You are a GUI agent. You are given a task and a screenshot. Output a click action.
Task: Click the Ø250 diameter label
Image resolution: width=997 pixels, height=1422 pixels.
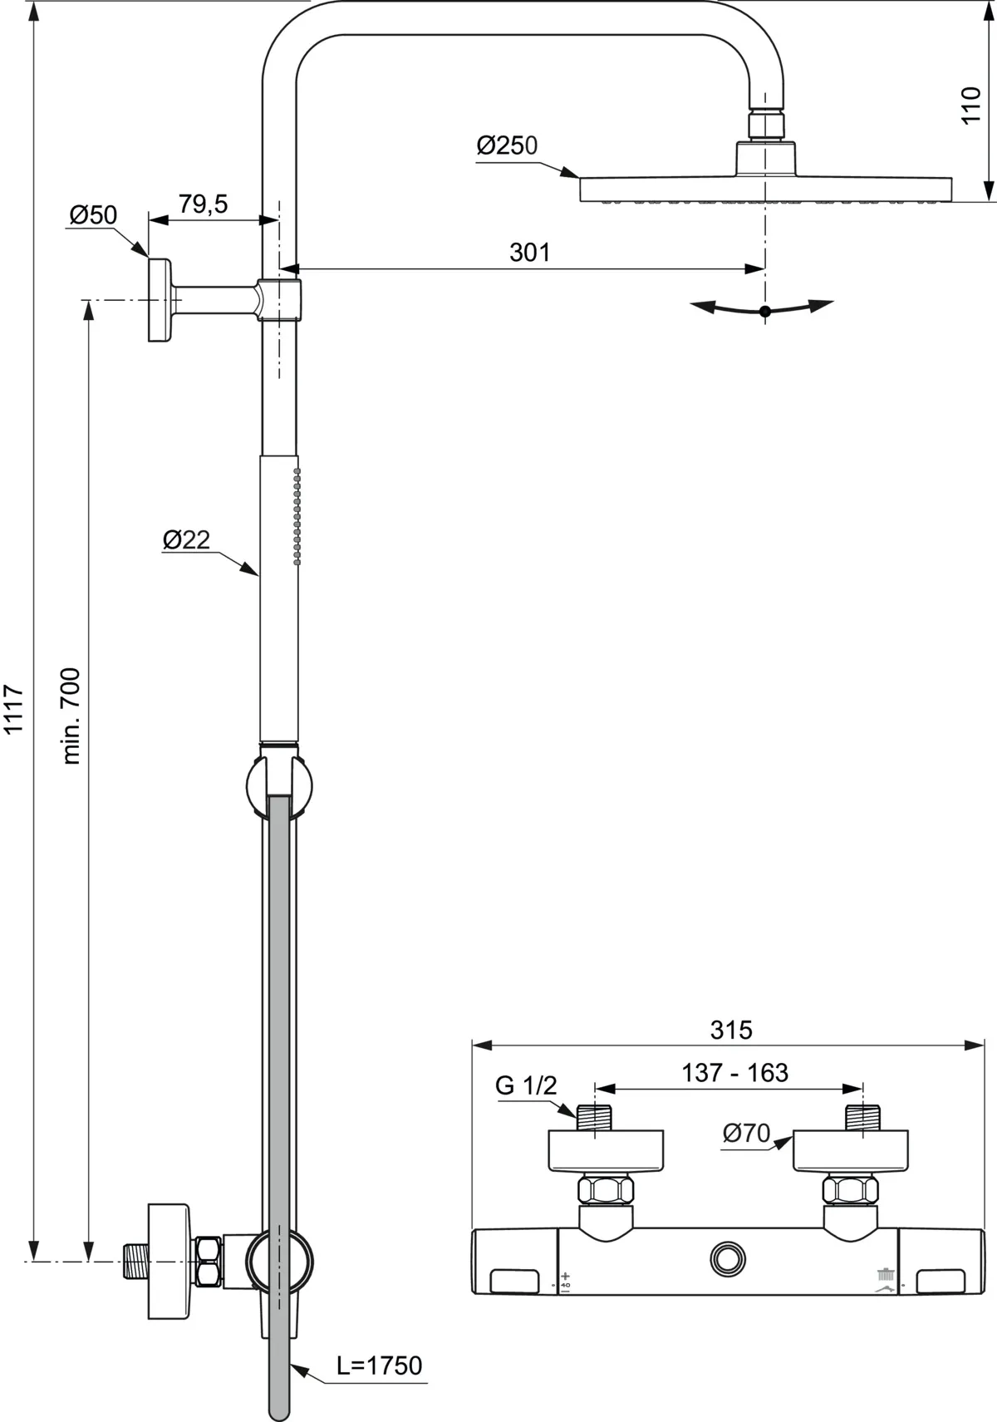click(507, 145)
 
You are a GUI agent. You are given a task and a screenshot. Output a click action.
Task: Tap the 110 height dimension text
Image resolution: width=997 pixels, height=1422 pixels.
click(970, 106)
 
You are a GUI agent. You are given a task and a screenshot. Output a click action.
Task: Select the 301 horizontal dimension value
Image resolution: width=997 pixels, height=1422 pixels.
click(529, 252)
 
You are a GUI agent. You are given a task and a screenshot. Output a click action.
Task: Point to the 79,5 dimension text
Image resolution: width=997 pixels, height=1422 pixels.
click(203, 204)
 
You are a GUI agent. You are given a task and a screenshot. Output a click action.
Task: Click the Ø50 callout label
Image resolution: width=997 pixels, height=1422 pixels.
click(93, 215)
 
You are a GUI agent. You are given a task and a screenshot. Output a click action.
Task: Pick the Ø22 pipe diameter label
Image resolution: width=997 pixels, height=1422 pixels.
click(186, 540)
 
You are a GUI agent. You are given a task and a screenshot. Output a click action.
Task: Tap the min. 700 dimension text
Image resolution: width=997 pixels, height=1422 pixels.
click(71, 716)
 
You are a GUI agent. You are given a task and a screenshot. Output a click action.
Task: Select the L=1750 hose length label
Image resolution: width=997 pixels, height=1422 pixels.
click(379, 1365)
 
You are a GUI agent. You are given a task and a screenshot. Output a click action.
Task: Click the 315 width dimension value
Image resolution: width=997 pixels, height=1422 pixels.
click(731, 1031)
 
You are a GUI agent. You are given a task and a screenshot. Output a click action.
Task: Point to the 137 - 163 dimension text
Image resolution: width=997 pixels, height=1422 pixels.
click(734, 1073)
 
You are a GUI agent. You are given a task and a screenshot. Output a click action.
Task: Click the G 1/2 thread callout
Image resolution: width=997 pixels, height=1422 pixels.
click(525, 1085)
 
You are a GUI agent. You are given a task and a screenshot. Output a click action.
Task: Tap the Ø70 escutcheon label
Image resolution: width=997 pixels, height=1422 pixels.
click(745, 1133)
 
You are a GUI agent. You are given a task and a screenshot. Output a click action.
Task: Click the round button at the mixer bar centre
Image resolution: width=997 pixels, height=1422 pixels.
click(729, 1259)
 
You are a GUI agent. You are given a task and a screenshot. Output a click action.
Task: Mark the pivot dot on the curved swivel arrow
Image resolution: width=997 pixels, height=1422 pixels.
click(765, 311)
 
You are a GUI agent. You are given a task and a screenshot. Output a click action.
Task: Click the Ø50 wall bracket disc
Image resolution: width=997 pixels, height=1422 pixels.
click(159, 300)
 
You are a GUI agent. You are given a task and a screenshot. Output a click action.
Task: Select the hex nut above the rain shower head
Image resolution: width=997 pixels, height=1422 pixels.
click(765, 125)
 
